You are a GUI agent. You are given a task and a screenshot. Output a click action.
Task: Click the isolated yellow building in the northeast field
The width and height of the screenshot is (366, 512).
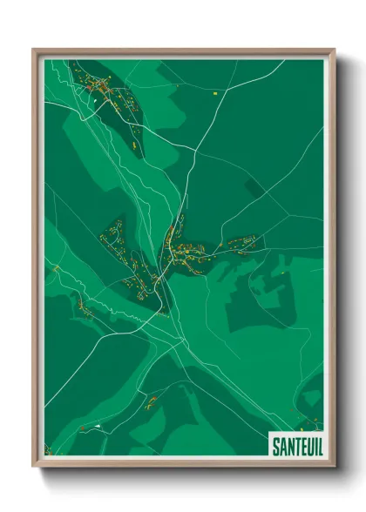pyautogui.click(x=214, y=91)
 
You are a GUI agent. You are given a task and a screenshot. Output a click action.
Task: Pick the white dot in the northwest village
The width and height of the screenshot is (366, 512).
pyautogui.click(x=93, y=101)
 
